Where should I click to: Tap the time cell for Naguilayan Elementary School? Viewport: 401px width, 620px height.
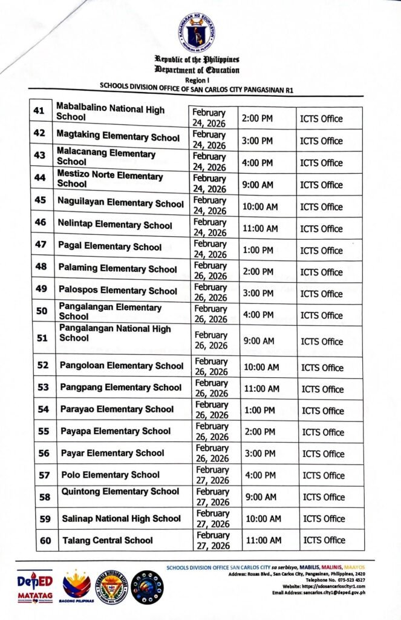coord(260,207)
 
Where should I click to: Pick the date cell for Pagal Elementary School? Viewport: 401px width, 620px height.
coord(209,249)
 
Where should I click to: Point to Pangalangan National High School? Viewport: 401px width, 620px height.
coord(115,334)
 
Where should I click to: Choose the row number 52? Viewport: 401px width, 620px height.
coord(43,365)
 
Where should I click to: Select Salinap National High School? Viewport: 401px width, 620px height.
coord(121,518)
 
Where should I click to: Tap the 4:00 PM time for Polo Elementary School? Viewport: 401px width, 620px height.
coord(259,475)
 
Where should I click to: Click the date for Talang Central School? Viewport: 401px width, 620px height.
coord(212,540)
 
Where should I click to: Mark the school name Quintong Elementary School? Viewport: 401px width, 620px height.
coord(120,492)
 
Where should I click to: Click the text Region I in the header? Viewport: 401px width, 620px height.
coord(197,79)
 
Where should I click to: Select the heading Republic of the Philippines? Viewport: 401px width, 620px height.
coord(197,59)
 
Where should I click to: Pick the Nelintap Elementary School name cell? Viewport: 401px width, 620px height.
coord(115,225)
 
